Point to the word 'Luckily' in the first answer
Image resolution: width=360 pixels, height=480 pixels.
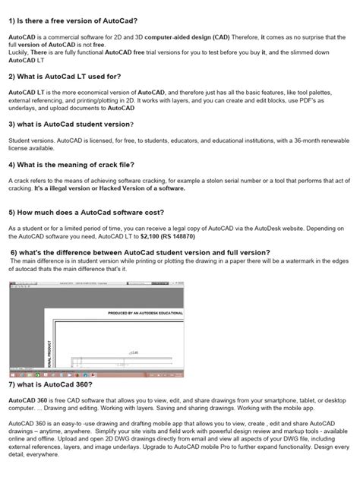(x=20, y=51)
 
